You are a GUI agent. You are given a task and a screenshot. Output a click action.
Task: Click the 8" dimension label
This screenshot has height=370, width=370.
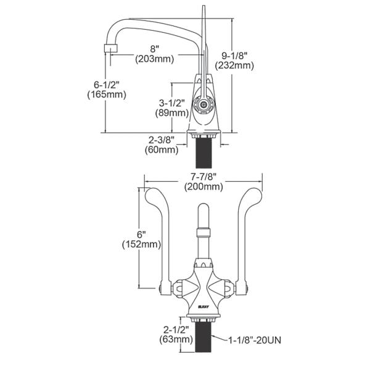(x=155, y=49)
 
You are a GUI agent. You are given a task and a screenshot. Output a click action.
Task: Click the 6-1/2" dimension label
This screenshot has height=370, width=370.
(x=107, y=84)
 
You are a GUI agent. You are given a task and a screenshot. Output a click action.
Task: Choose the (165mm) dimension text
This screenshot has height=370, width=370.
(x=107, y=94)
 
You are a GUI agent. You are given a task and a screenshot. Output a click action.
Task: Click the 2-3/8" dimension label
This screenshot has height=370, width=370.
(x=160, y=139)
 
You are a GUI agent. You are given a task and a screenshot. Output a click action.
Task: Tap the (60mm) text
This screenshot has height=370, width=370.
(x=160, y=149)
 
